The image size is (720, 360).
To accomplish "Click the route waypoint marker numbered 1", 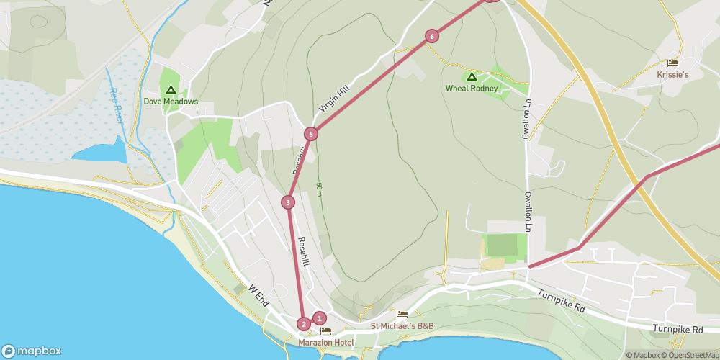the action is [x=320, y=318].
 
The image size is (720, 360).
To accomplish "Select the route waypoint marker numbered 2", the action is [x=304, y=324].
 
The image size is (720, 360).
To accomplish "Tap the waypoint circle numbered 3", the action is [x=288, y=202].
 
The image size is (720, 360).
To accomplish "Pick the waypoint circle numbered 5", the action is [x=310, y=133].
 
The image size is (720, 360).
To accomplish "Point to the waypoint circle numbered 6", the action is [x=431, y=36].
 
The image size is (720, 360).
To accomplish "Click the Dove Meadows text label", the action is [x=171, y=102].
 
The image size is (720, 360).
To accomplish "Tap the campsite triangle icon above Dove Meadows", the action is [x=171, y=90].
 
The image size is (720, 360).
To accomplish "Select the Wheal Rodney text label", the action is [x=472, y=89].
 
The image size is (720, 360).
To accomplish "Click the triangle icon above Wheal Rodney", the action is [x=472, y=76].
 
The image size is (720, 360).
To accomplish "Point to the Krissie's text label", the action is [x=672, y=74].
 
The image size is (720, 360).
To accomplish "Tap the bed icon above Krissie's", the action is [x=672, y=63].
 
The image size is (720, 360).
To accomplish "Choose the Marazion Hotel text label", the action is [x=325, y=343].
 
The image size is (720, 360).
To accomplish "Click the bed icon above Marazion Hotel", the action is [x=325, y=331].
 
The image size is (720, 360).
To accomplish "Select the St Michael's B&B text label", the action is [x=402, y=326].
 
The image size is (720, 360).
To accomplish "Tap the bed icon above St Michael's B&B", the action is [x=402, y=315].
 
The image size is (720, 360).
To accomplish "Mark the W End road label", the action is [x=258, y=295].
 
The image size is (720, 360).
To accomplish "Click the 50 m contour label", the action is [x=319, y=190].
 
